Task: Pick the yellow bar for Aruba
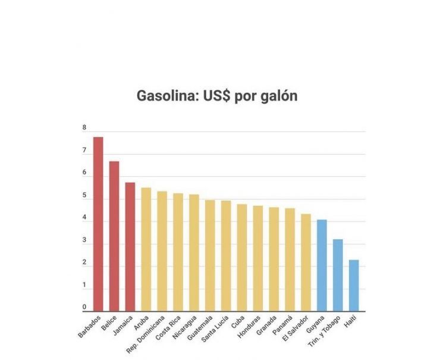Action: [146, 249]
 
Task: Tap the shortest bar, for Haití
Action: [354, 285]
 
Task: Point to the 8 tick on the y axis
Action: [84, 128]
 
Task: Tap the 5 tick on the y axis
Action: [84, 196]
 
